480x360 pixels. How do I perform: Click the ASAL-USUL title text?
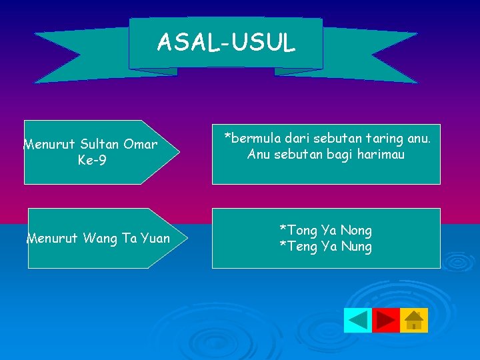coord(225,43)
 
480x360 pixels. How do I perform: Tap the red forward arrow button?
coord(385,321)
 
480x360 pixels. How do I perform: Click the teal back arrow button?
coord(357,321)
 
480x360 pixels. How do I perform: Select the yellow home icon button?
coord(414,321)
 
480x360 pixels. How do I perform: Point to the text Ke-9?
coord(91,161)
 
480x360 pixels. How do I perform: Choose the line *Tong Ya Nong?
coord(325,231)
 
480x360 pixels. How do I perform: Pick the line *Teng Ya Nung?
coord(325,247)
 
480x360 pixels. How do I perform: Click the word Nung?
coord(357,247)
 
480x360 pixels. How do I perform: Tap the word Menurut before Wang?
coord(53,238)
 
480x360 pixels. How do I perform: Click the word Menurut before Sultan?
coord(49,144)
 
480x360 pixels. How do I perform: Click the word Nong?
coord(356,231)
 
